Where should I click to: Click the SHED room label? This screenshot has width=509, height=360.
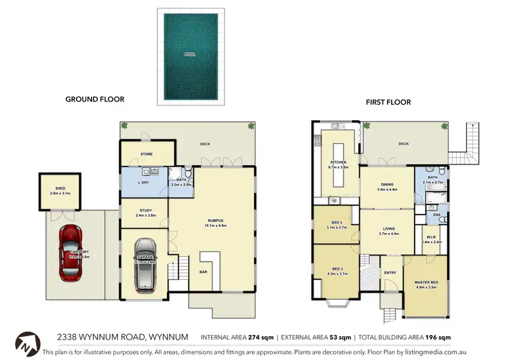point(60,189)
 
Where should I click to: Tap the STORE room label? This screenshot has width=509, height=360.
point(147,154)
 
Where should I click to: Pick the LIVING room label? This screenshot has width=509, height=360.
point(388,229)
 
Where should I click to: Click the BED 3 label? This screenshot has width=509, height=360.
point(337,223)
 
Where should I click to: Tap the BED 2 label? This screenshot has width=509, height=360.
point(337,269)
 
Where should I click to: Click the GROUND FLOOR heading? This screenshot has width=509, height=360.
point(94,99)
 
